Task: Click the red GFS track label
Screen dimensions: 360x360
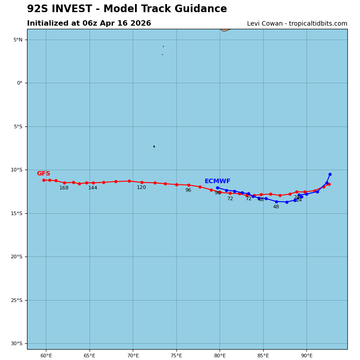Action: pyautogui.click(x=43, y=174)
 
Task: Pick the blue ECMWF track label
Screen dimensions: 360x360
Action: pyautogui.click(x=217, y=181)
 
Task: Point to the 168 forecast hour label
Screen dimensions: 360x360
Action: pyautogui.click(x=64, y=188)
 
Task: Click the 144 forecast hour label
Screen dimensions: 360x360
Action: pyautogui.click(x=93, y=188)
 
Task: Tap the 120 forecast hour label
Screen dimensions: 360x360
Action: pyautogui.click(x=141, y=188)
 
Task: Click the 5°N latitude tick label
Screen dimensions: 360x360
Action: pyautogui.click(x=18, y=40)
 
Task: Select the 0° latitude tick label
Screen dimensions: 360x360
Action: pyautogui.click(x=19, y=83)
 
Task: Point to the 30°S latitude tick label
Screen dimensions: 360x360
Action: pyautogui.click(x=17, y=344)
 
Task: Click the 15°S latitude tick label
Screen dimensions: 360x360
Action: pyautogui.click(x=17, y=213)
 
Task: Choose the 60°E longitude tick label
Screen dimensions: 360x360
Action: pyautogui.click(x=46, y=355)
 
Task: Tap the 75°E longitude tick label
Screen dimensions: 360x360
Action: pyautogui.click(x=176, y=355)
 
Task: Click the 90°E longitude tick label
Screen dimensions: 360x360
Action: pyautogui.click(x=306, y=355)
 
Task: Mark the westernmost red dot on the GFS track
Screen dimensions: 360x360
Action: pyautogui.click(x=44, y=180)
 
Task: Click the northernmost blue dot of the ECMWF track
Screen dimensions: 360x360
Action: pyautogui.click(x=330, y=174)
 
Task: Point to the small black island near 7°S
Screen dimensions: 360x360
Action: pyautogui.click(x=154, y=146)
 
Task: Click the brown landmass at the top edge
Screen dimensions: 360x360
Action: pyautogui.click(x=225, y=30)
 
